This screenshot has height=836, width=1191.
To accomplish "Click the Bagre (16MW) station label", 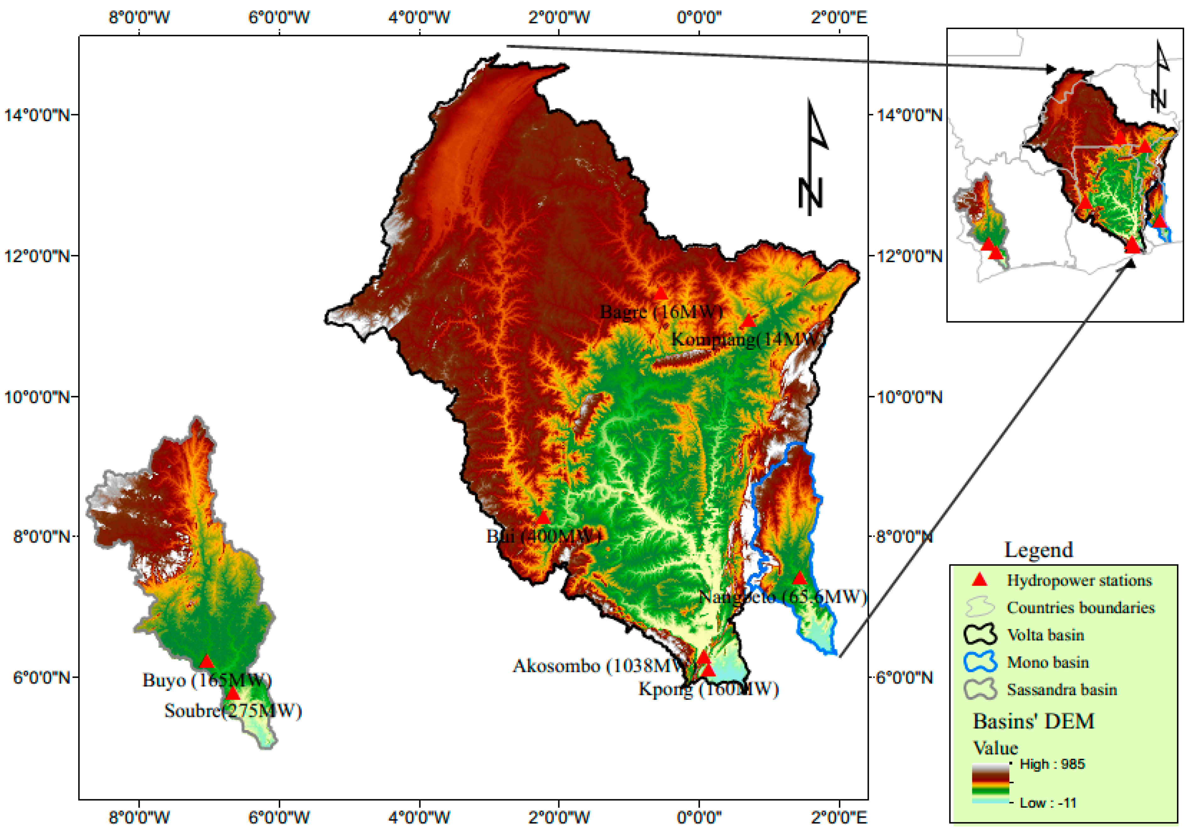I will click(661, 312).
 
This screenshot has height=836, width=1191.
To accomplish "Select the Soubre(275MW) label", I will click(233, 711).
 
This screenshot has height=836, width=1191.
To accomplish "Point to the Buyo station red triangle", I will click(207, 662).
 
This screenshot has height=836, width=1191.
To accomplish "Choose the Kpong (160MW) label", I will click(708, 689).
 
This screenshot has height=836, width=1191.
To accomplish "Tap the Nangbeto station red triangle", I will click(799, 578).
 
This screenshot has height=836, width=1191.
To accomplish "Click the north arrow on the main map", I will click(812, 158).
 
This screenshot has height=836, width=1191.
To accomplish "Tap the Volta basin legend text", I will click(1045, 635).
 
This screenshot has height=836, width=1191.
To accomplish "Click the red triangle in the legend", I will click(979, 580).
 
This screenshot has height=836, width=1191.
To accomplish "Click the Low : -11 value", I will click(1048, 803).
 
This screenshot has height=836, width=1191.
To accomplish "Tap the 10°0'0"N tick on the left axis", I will click(36, 397).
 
